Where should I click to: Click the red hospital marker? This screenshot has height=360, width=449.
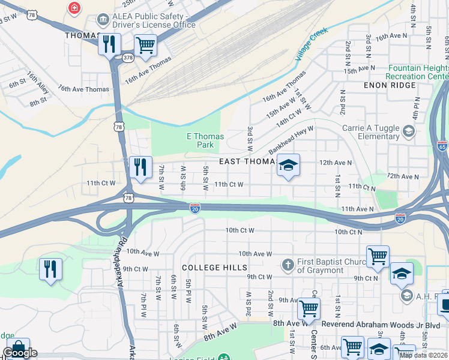point(74,8)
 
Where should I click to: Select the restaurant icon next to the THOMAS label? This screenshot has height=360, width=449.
point(109,44)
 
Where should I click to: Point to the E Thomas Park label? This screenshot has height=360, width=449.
point(205,140)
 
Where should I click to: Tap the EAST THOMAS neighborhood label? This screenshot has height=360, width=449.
point(247,161)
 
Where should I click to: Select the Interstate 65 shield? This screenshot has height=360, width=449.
point(442,146)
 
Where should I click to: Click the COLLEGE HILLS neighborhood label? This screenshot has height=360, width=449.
point(214,267)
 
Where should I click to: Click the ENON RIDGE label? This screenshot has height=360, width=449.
point(390,85)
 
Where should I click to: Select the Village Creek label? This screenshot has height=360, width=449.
point(312,43)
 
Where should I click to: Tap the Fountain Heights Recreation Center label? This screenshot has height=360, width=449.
point(418,73)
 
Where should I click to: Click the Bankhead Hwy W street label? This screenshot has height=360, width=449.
point(292,139)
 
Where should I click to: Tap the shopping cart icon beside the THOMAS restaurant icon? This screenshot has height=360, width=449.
point(145,45)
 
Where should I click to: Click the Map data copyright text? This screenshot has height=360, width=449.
point(423,355)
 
